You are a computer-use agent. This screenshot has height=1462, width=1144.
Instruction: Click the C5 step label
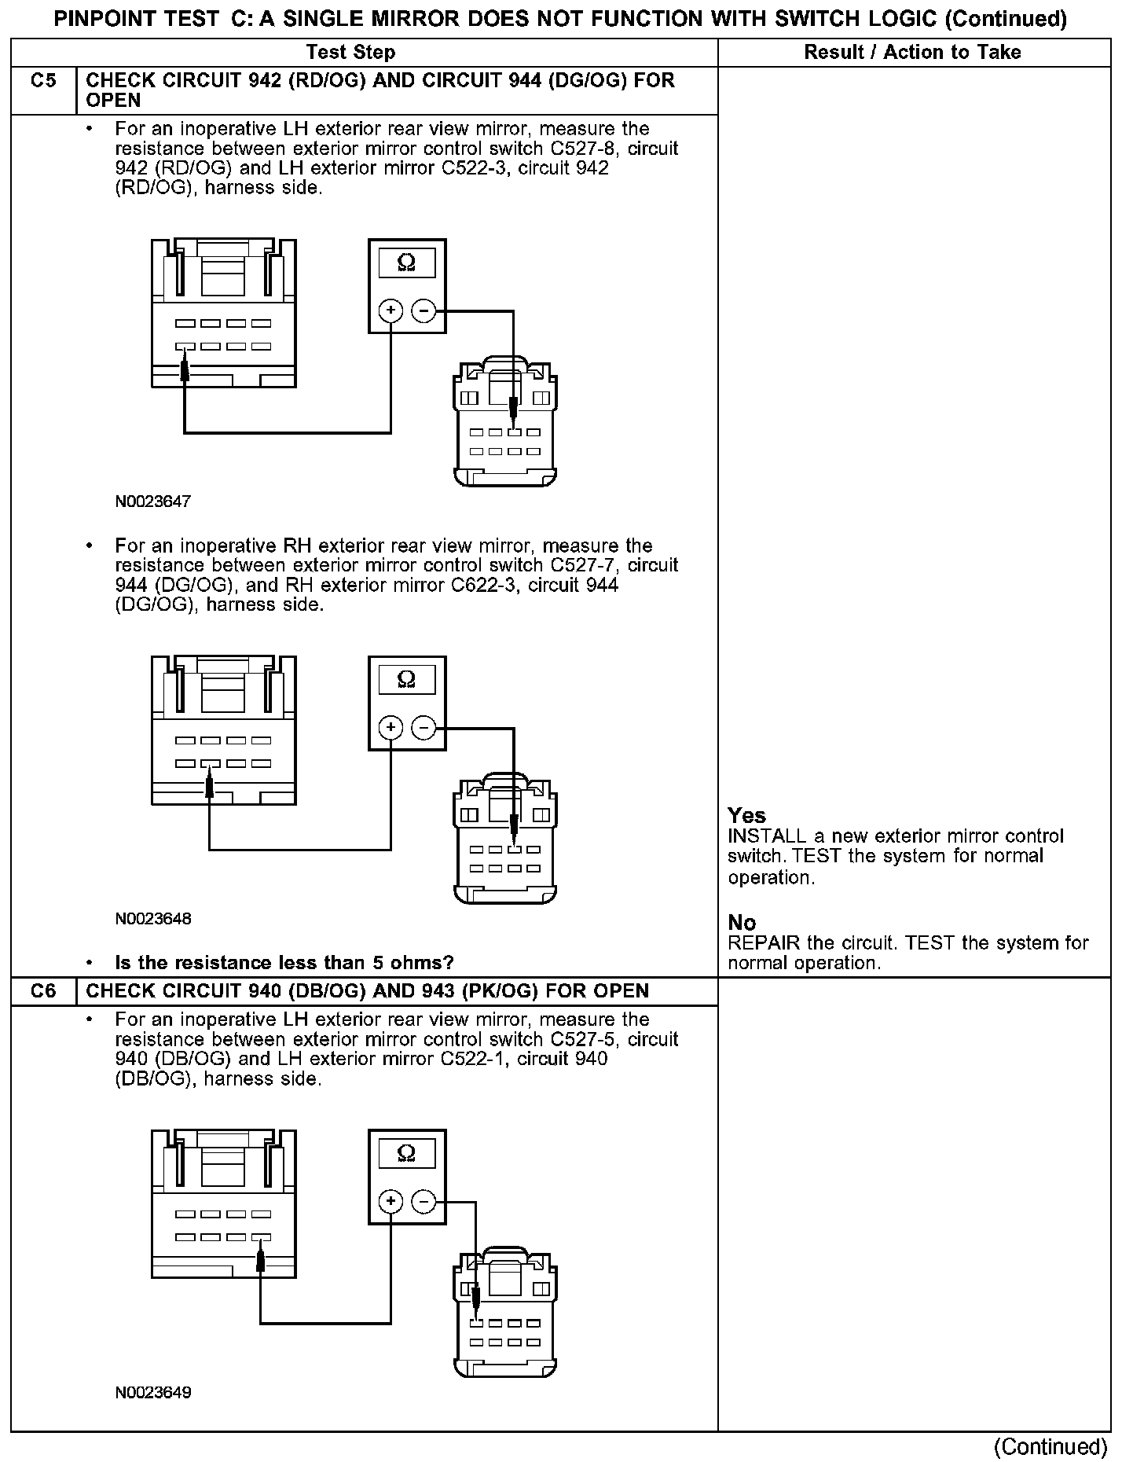point(43,80)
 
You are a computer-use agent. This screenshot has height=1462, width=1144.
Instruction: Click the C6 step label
point(43,990)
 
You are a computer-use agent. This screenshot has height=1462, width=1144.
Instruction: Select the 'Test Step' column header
point(350,53)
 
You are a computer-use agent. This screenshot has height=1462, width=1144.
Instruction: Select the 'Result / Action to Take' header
point(912,53)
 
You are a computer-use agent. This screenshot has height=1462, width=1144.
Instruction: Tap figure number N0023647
point(153,501)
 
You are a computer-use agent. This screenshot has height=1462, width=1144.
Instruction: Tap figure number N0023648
point(153,918)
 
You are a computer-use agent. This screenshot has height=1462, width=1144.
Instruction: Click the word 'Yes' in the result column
point(746,815)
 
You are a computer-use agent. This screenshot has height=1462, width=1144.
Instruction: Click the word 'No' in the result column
point(742,922)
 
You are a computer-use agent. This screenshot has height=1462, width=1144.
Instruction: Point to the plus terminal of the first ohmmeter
point(390,311)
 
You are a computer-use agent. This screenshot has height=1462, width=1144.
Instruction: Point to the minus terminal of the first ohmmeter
point(423,311)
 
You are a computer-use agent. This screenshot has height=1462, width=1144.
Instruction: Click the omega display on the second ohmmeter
point(407,680)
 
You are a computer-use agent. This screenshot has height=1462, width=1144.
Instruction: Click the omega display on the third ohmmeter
point(407,1153)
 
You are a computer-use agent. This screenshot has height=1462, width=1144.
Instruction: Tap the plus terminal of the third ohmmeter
point(390,1201)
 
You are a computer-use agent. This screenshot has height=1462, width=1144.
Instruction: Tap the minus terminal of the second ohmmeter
point(423,728)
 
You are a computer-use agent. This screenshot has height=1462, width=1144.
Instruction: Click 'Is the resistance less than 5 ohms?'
point(284,962)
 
